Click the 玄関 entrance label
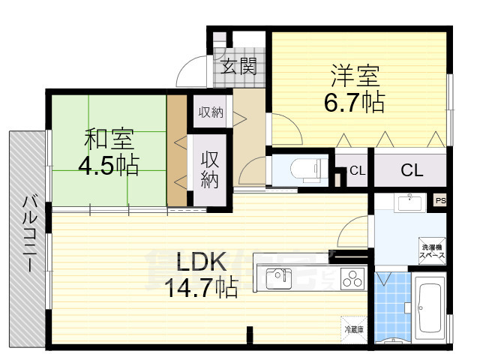coord(239,68)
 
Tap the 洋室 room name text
coord(355,76)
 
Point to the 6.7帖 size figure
coord(355,101)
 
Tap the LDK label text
coord(201,262)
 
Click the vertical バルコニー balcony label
coord(30,232)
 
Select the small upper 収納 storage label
coord(210,112)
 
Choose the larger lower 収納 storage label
coord(210,169)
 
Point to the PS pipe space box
coord(440,200)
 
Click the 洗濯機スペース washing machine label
coord(431,252)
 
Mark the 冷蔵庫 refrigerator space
coord(354,328)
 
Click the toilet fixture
coord(303,170)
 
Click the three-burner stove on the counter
coord(352,278)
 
